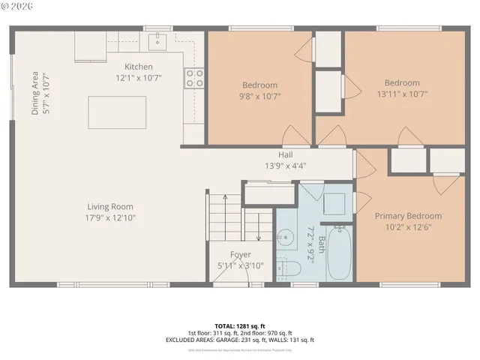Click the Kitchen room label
pos(138,67)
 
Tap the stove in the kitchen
pos(194,77)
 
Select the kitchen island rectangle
pos(116,112)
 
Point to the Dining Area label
pos(35,93)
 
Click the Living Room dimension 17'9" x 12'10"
pos(111,217)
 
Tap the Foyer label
pos(240,255)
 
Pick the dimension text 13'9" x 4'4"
pos(285,166)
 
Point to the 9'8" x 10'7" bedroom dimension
pos(259,96)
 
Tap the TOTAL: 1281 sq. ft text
pos(240,325)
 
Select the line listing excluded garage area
pos(240,340)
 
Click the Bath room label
pos(322,245)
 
